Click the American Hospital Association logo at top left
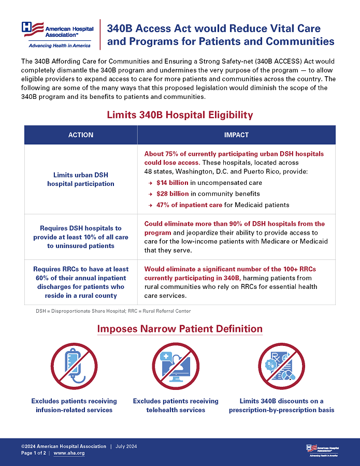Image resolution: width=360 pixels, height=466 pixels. click(x=56, y=34)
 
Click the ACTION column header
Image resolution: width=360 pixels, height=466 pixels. click(x=81, y=135)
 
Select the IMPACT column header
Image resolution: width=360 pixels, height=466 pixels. click(x=236, y=135)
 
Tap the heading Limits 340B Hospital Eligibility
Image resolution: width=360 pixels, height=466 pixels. click(x=180, y=114)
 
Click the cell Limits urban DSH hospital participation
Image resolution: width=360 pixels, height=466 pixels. click(x=81, y=179)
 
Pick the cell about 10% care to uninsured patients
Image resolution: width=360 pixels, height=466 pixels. click(x=81, y=237)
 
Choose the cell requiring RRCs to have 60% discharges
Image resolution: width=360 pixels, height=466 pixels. click(x=81, y=282)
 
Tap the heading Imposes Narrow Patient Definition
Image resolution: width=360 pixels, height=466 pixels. click(x=180, y=329)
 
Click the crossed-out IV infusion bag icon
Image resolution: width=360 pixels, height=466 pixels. click(x=74, y=366)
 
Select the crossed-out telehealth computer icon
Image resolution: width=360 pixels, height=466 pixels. click(x=176, y=366)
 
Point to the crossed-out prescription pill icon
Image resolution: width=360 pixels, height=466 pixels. click(x=281, y=366)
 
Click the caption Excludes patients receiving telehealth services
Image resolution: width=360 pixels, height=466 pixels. click(x=176, y=405)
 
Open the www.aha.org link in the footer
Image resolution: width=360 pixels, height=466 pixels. click(x=69, y=453)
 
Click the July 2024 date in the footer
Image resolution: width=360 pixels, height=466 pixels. click(x=126, y=446)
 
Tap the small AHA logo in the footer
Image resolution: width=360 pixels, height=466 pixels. click(x=322, y=449)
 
